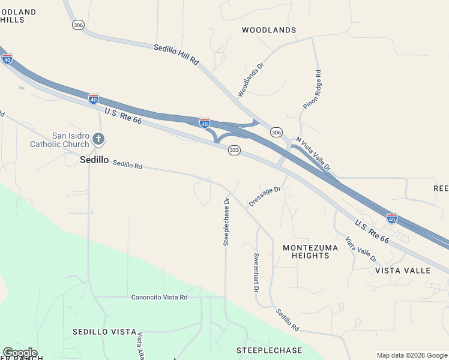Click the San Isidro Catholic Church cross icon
point(99,140)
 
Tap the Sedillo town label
point(94,160)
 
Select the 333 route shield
point(235,151)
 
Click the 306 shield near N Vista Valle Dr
point(276,132)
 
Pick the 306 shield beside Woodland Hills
point(77,25)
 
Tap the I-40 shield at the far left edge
point(7,59)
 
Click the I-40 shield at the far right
point(392,218)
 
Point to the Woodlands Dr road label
point(251,81)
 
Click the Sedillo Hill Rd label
point(176,55)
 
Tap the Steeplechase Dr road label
point(227,221)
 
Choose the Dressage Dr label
point(265,196)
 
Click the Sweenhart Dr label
point(256,272)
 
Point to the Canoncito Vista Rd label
point(160,297)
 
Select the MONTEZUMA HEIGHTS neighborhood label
point(306,251)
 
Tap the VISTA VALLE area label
point(403,271)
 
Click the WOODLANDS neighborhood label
point(269,30)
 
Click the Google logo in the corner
point(19,353)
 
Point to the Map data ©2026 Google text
point(412,355)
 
